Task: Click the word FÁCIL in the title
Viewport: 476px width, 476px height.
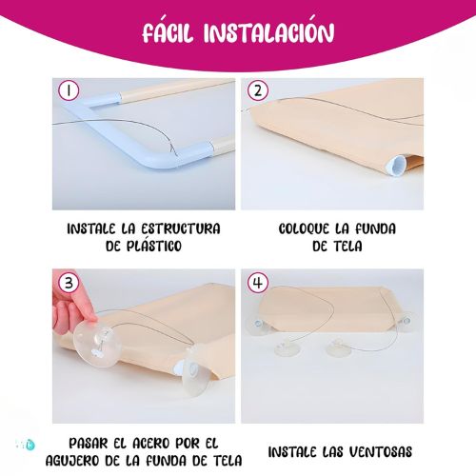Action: (168, 31)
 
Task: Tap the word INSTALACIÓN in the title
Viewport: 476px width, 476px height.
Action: (268, 31)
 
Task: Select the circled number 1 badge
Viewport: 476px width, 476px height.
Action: (69, 90)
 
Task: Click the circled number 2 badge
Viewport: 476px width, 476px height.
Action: (258, 90)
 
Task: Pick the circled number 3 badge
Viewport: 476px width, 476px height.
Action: (69, 283)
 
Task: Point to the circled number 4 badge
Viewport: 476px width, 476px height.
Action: (258, 283)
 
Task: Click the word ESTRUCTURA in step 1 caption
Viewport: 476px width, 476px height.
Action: (181, 228)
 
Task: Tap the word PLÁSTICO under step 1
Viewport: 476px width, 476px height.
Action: (153, 246)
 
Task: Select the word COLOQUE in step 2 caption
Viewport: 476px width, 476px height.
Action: (304, 228)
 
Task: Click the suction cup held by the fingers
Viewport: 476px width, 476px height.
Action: (97, 344)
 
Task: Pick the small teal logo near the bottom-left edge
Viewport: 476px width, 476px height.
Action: (30, 445)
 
